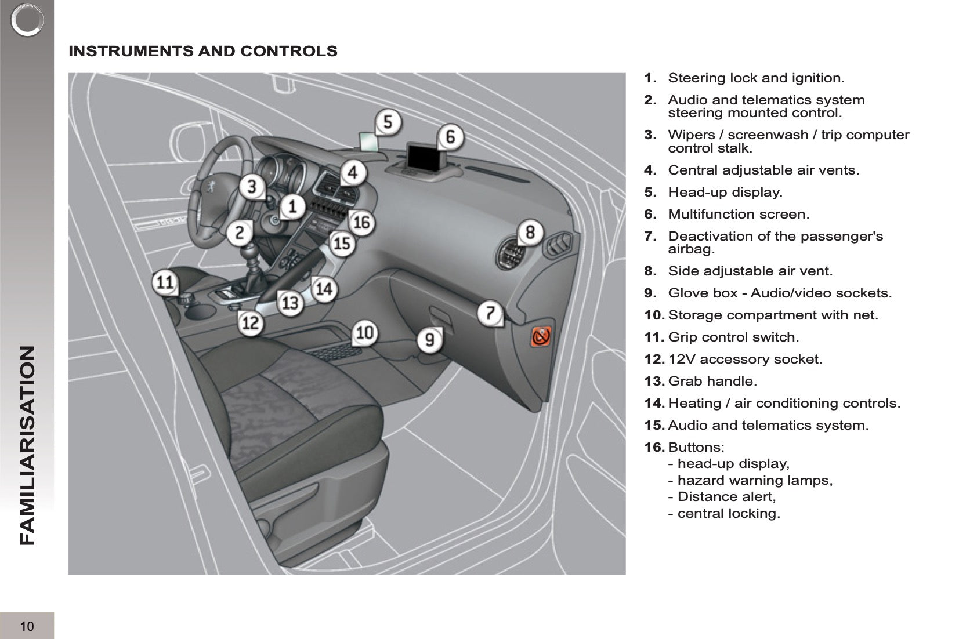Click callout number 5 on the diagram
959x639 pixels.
[388, 122]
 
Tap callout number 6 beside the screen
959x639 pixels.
[450, 137]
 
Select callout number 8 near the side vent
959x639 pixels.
[530, 232]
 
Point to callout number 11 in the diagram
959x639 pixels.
[165, 282]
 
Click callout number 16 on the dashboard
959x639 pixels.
[361, 222]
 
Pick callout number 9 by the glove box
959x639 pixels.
[429, 339]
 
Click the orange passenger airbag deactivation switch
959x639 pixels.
[541, 336]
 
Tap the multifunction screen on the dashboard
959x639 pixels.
[424, 155]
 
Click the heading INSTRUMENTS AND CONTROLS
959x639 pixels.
[202, 51]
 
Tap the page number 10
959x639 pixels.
[27, 626]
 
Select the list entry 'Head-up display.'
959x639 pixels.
[725, 192]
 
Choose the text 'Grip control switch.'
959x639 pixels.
[733, 337]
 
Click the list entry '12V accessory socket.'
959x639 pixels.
[744, 359]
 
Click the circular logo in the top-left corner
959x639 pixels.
[27, 20]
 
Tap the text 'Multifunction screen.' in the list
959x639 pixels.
[738, 214]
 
